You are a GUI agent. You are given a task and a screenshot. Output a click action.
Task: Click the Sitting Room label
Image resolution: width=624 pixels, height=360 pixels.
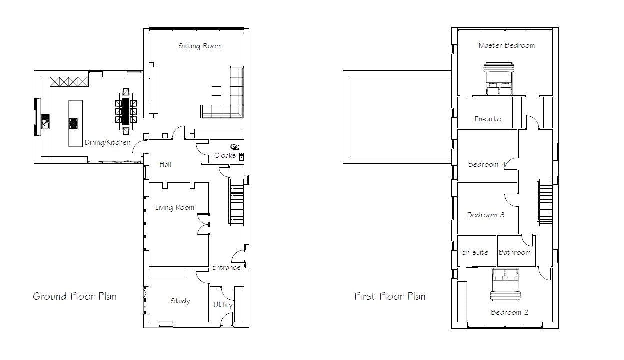click(200, 46)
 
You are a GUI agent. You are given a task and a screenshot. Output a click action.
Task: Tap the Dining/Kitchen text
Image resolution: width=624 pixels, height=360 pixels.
click(108, 143)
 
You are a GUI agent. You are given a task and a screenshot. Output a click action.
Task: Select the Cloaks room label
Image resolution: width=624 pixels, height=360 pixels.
click(225, 155)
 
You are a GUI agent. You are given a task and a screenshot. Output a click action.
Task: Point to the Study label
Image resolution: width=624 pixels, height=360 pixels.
click(180, 301)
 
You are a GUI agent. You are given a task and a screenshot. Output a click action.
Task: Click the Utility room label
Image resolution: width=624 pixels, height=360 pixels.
click(223, 305)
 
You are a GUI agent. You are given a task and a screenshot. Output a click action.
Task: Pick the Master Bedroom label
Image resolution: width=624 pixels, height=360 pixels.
click(507, 45)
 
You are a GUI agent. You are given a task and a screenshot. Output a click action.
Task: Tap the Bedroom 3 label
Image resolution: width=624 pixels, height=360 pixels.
click(486, 215)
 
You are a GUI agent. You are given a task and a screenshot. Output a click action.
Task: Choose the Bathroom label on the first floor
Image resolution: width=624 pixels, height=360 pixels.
click(515, 253)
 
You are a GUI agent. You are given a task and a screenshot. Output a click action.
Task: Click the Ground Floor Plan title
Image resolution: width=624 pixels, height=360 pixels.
click(75, 296)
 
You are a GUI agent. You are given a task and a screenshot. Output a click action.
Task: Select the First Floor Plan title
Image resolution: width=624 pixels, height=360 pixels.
click(390, 296)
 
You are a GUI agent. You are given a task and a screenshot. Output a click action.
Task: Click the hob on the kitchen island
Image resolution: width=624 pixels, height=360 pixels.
click(73, 123)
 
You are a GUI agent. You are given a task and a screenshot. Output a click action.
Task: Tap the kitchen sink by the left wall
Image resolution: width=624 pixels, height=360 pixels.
click(45, 121)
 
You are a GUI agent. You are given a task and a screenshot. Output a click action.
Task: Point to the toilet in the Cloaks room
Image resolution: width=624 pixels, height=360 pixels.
click(235, 146)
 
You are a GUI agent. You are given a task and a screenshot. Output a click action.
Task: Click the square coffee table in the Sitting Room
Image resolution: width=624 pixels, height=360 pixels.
click(217, 91)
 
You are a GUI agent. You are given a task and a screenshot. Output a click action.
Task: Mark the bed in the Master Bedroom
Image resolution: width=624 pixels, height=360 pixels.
click(498, 79)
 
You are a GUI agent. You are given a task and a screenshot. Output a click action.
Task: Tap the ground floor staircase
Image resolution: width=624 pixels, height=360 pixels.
click(237, 201)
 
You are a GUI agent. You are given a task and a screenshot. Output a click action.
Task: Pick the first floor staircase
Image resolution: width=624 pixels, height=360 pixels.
click(545, 202)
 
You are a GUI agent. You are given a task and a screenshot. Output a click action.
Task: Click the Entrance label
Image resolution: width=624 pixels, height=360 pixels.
click(226, 268)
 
